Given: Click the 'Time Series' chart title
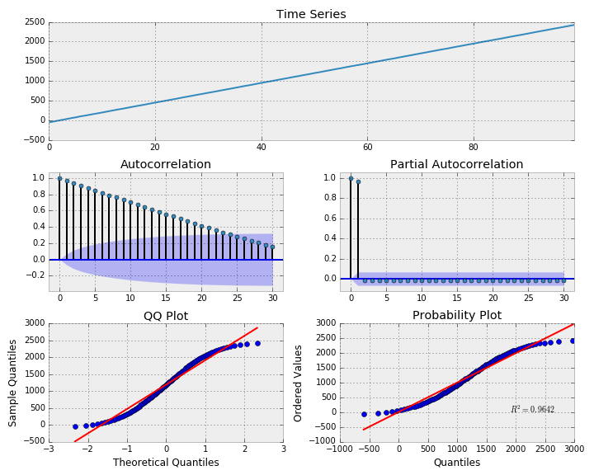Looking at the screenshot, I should [x=311, y=14].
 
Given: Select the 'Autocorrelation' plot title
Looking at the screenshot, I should [x=166, y=164].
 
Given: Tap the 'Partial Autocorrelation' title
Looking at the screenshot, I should [x=456, y=164].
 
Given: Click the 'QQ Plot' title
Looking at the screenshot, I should [x=166, y=316].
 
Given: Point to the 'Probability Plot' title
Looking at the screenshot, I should [x=456, y=316].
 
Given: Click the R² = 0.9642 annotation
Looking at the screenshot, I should [x=532, y=410].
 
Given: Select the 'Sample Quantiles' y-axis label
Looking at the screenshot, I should [x=13, y=382].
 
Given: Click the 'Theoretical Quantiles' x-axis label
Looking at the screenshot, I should [x=166, y=463].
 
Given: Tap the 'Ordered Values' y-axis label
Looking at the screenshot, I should [x=299, y=382].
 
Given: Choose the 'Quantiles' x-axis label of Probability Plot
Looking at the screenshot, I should [x=456, y=463].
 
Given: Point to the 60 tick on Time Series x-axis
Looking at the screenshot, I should [x=367, y=148].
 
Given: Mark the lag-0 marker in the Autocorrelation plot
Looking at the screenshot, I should [x=59, y=177].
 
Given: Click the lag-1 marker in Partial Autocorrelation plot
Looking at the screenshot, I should [x=358, y=181].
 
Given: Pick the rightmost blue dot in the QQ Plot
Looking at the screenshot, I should [x=257, y=343].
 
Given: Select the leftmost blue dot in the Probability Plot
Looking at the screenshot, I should [x=364, y=414].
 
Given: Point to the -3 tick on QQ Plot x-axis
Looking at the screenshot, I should [x=49, y=449].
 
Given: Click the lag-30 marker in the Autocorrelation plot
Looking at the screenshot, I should [x=272, y=246].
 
